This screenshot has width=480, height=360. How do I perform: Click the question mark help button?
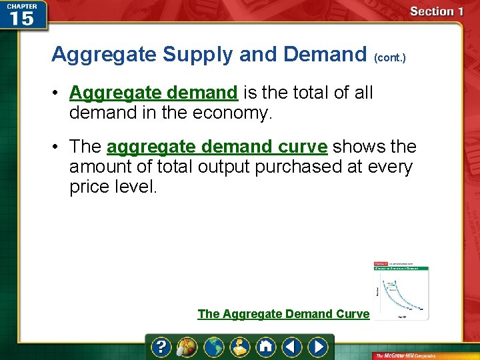(161, 347)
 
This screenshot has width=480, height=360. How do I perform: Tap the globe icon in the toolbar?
(214, 347)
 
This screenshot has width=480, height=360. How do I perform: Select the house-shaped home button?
(265, 347)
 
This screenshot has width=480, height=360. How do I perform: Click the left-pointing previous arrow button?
(291, 347)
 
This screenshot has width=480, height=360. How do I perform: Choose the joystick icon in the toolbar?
(239, 347)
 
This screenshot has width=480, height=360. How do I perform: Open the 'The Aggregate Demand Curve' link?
(283, 313)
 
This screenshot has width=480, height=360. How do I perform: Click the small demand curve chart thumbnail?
(401, 291)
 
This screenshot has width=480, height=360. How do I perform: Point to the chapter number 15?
(22, 18)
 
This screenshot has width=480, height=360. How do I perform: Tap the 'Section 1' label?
(436, 11)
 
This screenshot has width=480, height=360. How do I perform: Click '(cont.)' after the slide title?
(390, 58)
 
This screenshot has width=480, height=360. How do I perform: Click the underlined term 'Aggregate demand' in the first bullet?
(153, 92)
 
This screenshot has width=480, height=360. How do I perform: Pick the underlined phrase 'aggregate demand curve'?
(217, 146)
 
